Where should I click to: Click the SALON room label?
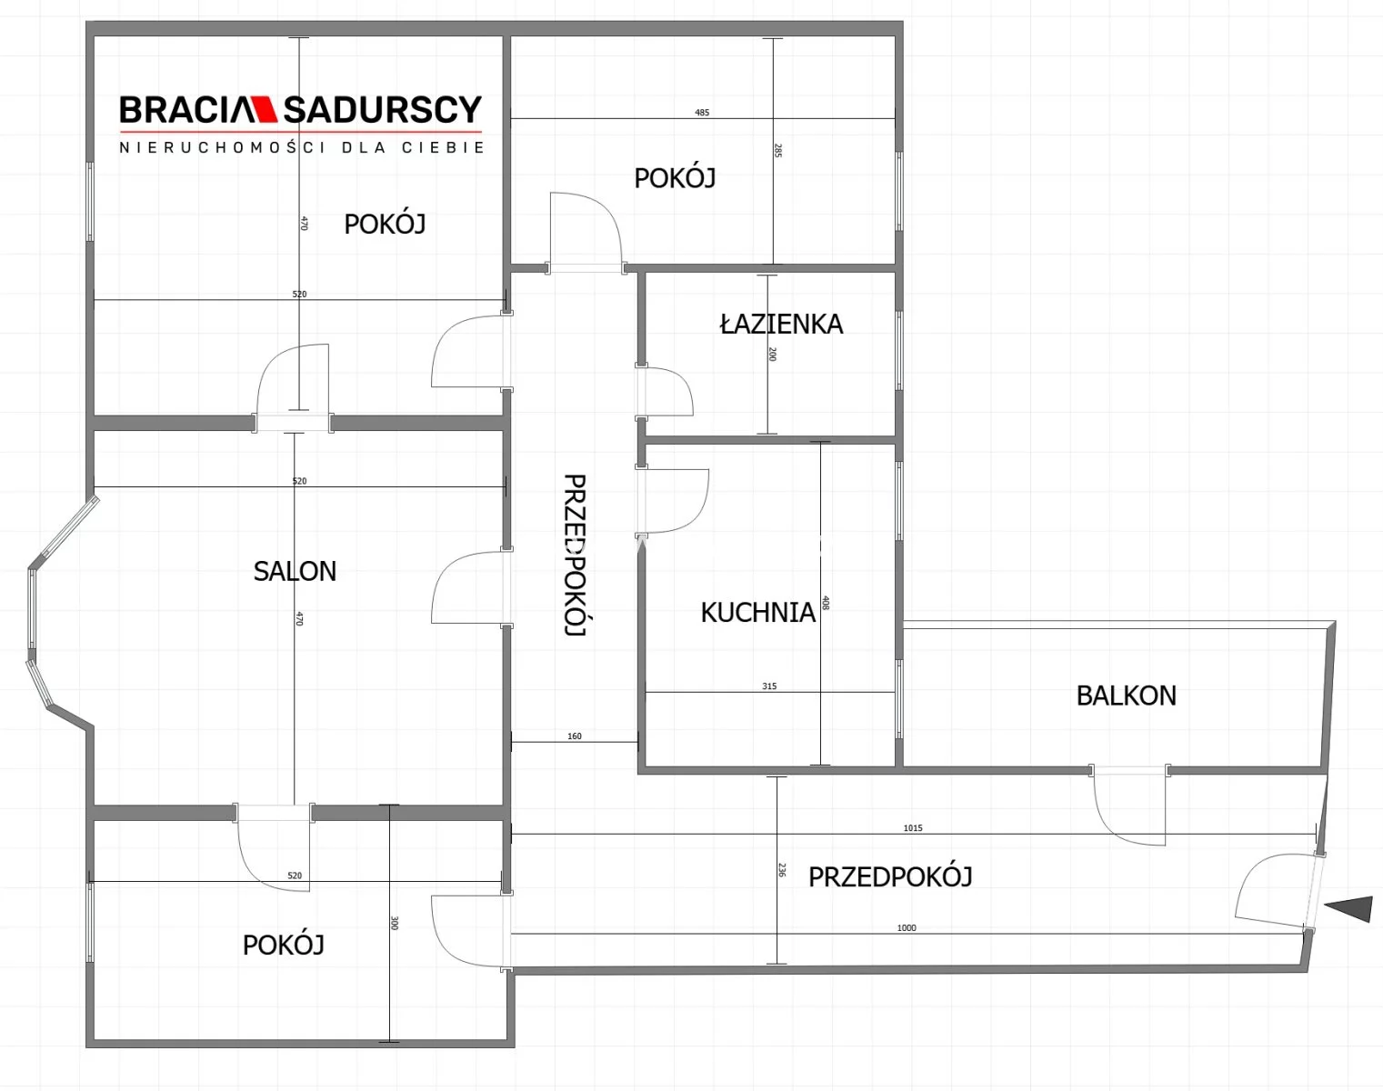[x=295, y=571]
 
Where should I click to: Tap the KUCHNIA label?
[x=757, y=612]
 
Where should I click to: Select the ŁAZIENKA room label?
[x=781, y=323]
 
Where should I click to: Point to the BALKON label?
[x=1126, y=696]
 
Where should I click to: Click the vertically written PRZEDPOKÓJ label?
[x=575, y=556]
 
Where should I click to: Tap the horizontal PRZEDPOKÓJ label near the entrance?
[x=890, y=876]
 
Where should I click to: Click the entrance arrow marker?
[x=1348, y=909]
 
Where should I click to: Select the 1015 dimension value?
[x=913, y=827]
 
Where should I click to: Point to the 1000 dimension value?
[x=907, y=927]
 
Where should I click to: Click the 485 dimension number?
[x=702, y=113]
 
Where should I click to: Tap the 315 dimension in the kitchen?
[x=769, y=686]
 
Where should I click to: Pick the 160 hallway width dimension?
[x=575, y=736]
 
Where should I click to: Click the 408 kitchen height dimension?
[x=826, y=603]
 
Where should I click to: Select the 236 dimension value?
[x=782, y=869]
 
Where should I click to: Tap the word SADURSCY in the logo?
[x=383, y=109]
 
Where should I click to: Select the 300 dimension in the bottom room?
[x=394, y=923]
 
